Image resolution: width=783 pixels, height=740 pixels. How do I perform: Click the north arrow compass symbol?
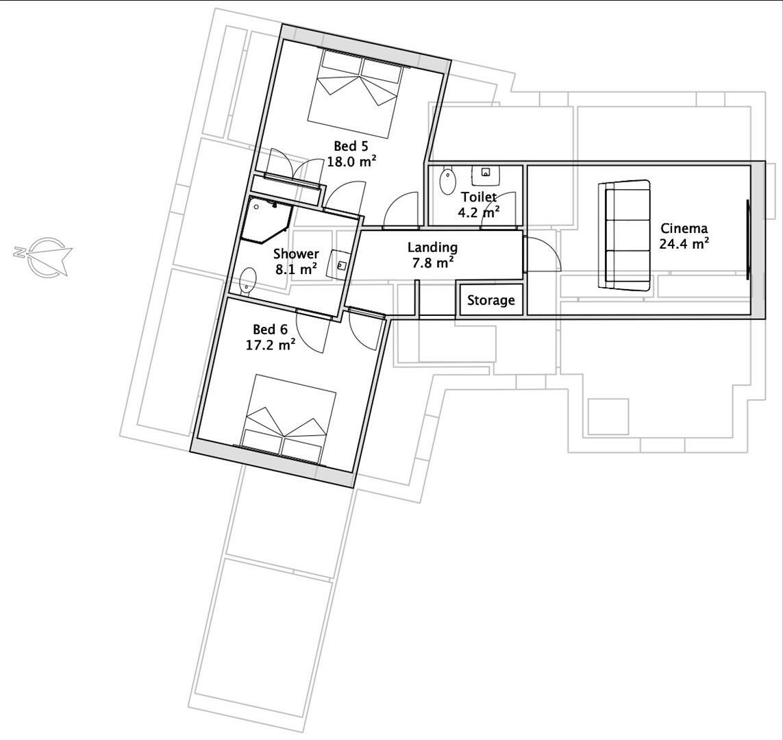(x=45, y=256)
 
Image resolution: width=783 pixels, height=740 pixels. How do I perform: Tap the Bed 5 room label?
(x=351, y=146)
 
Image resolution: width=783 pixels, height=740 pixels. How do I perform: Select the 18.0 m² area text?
(x=351, y=162)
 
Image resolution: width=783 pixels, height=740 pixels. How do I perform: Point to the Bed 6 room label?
(x=270, y=330)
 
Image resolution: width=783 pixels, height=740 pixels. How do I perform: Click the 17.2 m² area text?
(x=271, y=345)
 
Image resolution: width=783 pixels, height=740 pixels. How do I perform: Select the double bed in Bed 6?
(x=287, y=418)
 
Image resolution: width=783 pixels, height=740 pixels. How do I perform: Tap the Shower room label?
(x=296, y=254)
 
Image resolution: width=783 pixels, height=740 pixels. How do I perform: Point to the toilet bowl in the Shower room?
(x=248, y=281)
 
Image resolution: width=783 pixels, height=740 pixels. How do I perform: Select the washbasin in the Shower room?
(x=340, y=264)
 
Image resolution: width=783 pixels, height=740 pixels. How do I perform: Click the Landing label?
(x=432, y=247)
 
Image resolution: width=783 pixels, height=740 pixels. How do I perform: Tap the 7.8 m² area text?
(x=433, y=262)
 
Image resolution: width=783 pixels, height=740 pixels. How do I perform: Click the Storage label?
(x=490, y=300)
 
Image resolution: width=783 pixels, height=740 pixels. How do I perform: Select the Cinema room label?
(x=684, y=228)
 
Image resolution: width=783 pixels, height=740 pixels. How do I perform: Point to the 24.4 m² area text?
(x=684, y=243)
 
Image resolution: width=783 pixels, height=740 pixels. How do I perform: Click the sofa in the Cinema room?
(x=625, y=236)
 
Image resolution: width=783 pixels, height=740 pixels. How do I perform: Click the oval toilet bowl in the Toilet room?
(x=448, y=182)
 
